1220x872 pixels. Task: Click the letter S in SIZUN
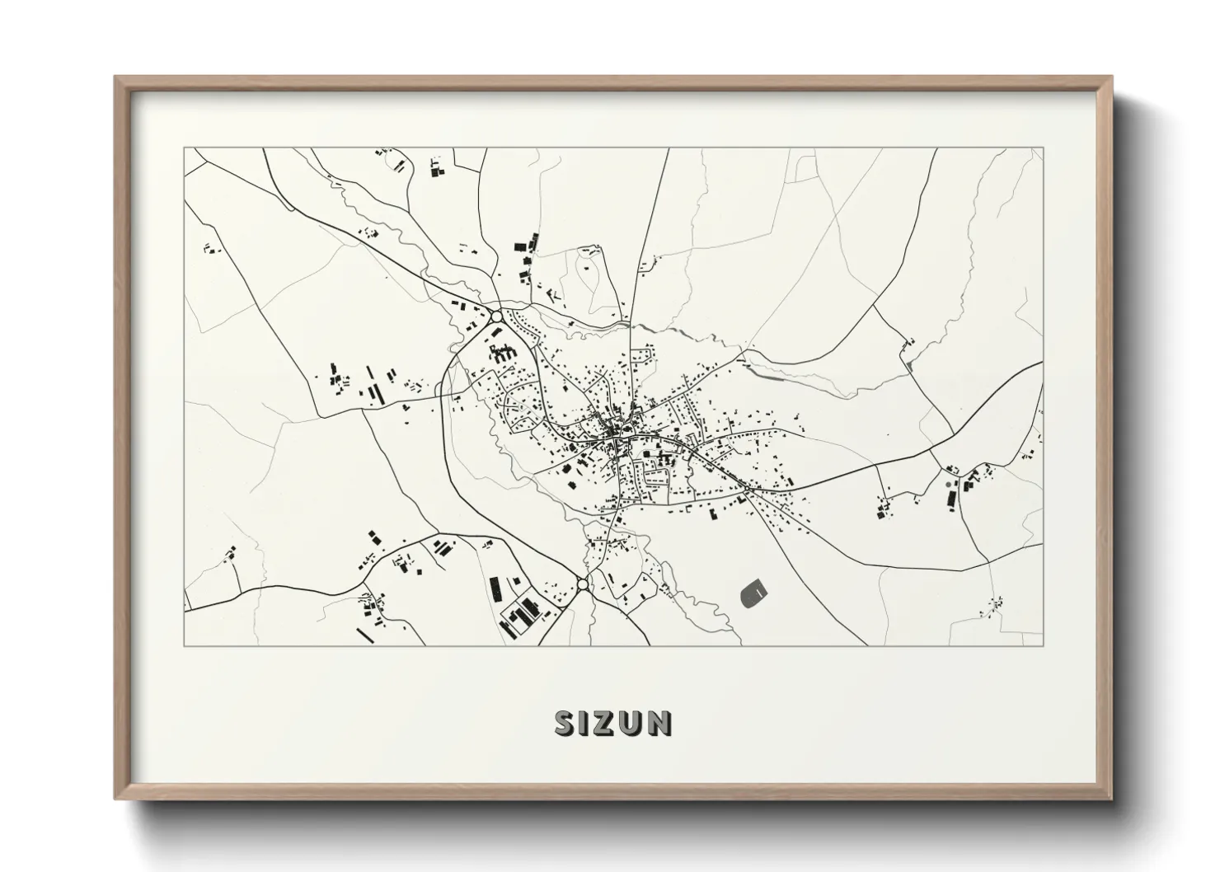point(566,724)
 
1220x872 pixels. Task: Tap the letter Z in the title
point(608,724)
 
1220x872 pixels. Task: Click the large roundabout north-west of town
point(496,316)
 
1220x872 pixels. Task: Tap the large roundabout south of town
point(583,584)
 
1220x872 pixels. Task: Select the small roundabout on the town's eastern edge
point(746,490)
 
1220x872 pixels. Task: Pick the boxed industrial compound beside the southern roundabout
point(519,614)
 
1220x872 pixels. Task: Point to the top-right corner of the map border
point(1043,148)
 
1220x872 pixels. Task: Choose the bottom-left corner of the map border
point(184,645)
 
